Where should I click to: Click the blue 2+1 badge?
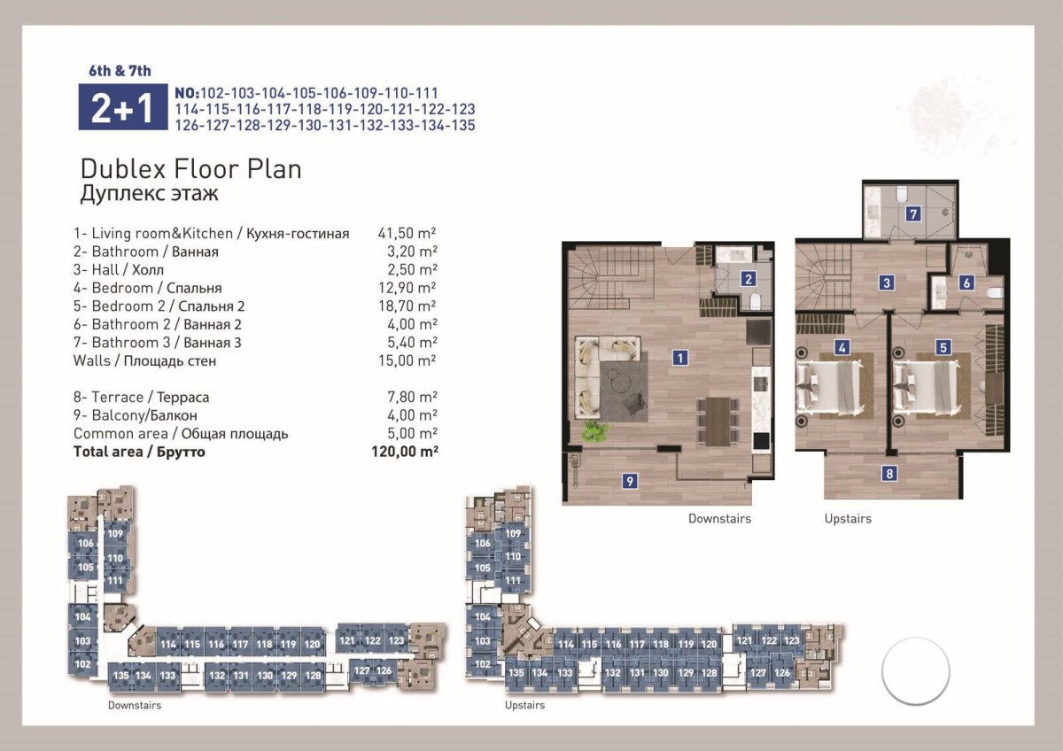[x=123, y=107]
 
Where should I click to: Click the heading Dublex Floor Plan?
[x=191, y=169]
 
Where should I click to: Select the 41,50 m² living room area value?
[x=407, y=233]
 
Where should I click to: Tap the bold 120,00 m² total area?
[x=405, y=451]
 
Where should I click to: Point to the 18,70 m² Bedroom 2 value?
[x=407, y=306]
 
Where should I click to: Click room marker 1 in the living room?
[x=680, y=358]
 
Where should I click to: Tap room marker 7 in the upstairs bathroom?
[x=913, y=214]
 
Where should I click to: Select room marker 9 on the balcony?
[x=630, y=482]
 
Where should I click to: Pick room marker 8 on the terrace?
[x=889, y=473]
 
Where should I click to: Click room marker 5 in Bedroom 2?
[x=943, y=348]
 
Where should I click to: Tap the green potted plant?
[x=594, y=430]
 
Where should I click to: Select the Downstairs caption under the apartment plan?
[x=719, y=519]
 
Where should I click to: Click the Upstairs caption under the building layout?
[x=524, y=705]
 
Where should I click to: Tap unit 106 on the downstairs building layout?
[x=85, y=543]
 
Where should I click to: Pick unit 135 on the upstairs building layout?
[x=516, y=673]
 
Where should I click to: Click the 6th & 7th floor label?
[x=120, y=71]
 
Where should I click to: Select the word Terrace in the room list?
[x=117, y=397]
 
